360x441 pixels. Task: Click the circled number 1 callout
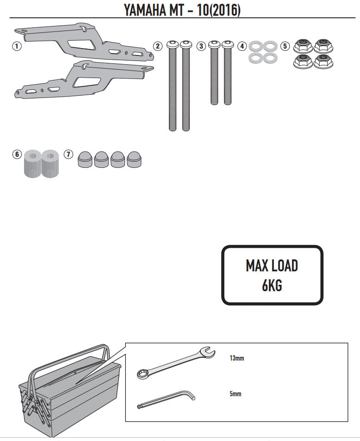(17, 46)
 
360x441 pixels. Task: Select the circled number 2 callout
(158, 46)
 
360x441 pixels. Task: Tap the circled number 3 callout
(201, 46)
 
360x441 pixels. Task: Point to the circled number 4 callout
(242, 46)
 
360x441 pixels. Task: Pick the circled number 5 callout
(285, 46)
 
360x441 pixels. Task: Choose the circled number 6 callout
(17, 154)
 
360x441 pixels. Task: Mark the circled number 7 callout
(68, 154)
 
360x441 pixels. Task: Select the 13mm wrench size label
(236, 358)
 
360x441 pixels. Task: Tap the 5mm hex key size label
(235, 394)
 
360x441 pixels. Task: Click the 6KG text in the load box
(272, 285)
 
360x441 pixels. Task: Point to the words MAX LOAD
(272, 266)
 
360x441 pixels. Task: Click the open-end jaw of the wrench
(207, 353)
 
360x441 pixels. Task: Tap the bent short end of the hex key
(192, 396)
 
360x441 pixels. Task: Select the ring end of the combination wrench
(142, 374)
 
